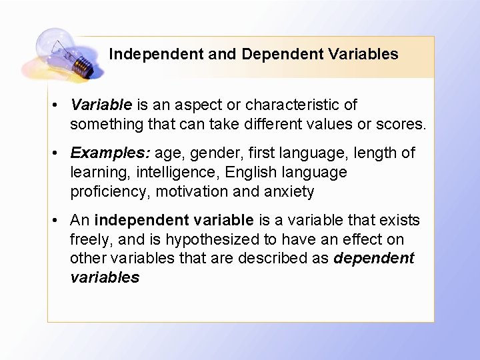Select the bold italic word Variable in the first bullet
pyautogui.click(x=101, y=105)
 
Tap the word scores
pyautogui.click(x=402, y=124)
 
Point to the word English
pyautogui.click(x=251, y=172)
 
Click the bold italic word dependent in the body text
pyautogui.click(x=374, y=258)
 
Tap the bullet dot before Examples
pyautogui.click(x=59, y=153)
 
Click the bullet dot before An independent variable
pyautogui.click(x=59, y=221)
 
